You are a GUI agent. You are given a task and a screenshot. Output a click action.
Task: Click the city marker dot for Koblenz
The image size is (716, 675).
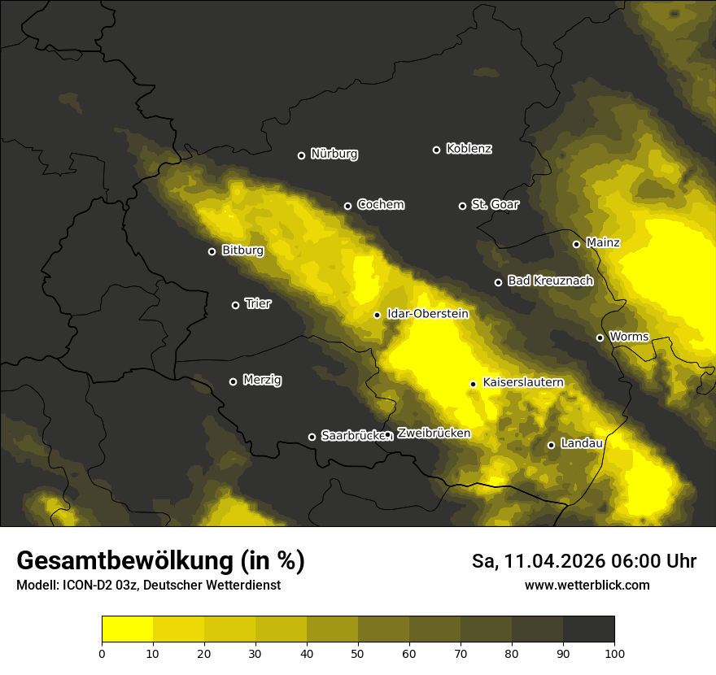tap(436, 150)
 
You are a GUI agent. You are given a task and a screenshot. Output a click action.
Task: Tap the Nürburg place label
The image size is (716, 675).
tap(334, 154)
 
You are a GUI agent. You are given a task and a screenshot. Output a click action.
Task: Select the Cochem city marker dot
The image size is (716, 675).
tap(347, 206)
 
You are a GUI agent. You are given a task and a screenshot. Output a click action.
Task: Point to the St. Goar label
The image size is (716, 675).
tap(495, 205)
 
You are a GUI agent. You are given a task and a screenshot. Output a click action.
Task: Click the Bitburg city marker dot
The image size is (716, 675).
tap(212, 251)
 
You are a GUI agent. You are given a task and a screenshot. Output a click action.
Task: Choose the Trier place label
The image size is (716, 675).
tap(258, 303)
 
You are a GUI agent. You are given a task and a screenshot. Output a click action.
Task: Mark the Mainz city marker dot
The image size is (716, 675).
tap(576, 244)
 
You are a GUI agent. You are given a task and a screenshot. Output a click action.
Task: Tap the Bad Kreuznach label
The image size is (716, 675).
tap(550, 281)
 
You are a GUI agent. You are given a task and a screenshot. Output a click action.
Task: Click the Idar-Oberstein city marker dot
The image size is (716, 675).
tap(377, 315)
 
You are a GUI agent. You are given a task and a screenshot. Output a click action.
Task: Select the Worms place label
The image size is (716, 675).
tap(629, 337)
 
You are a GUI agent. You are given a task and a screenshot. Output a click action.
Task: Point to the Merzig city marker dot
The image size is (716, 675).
tap(233, 381)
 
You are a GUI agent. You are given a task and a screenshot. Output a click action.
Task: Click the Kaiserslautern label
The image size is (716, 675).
tap(523, 382)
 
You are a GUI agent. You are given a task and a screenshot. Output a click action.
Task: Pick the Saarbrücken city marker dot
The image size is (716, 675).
tap(312, 437)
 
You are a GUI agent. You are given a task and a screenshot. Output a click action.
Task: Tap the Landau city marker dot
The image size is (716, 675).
tap(551, 445)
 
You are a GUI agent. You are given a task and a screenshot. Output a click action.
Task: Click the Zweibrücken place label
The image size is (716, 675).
tap(434, 433)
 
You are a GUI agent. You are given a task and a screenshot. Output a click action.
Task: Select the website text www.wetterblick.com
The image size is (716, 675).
tap(587, 585)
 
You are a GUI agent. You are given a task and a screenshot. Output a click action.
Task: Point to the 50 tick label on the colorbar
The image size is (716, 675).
tap(358, 652)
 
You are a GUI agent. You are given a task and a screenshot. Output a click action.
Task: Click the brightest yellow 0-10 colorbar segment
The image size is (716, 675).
tap(127, 629)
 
